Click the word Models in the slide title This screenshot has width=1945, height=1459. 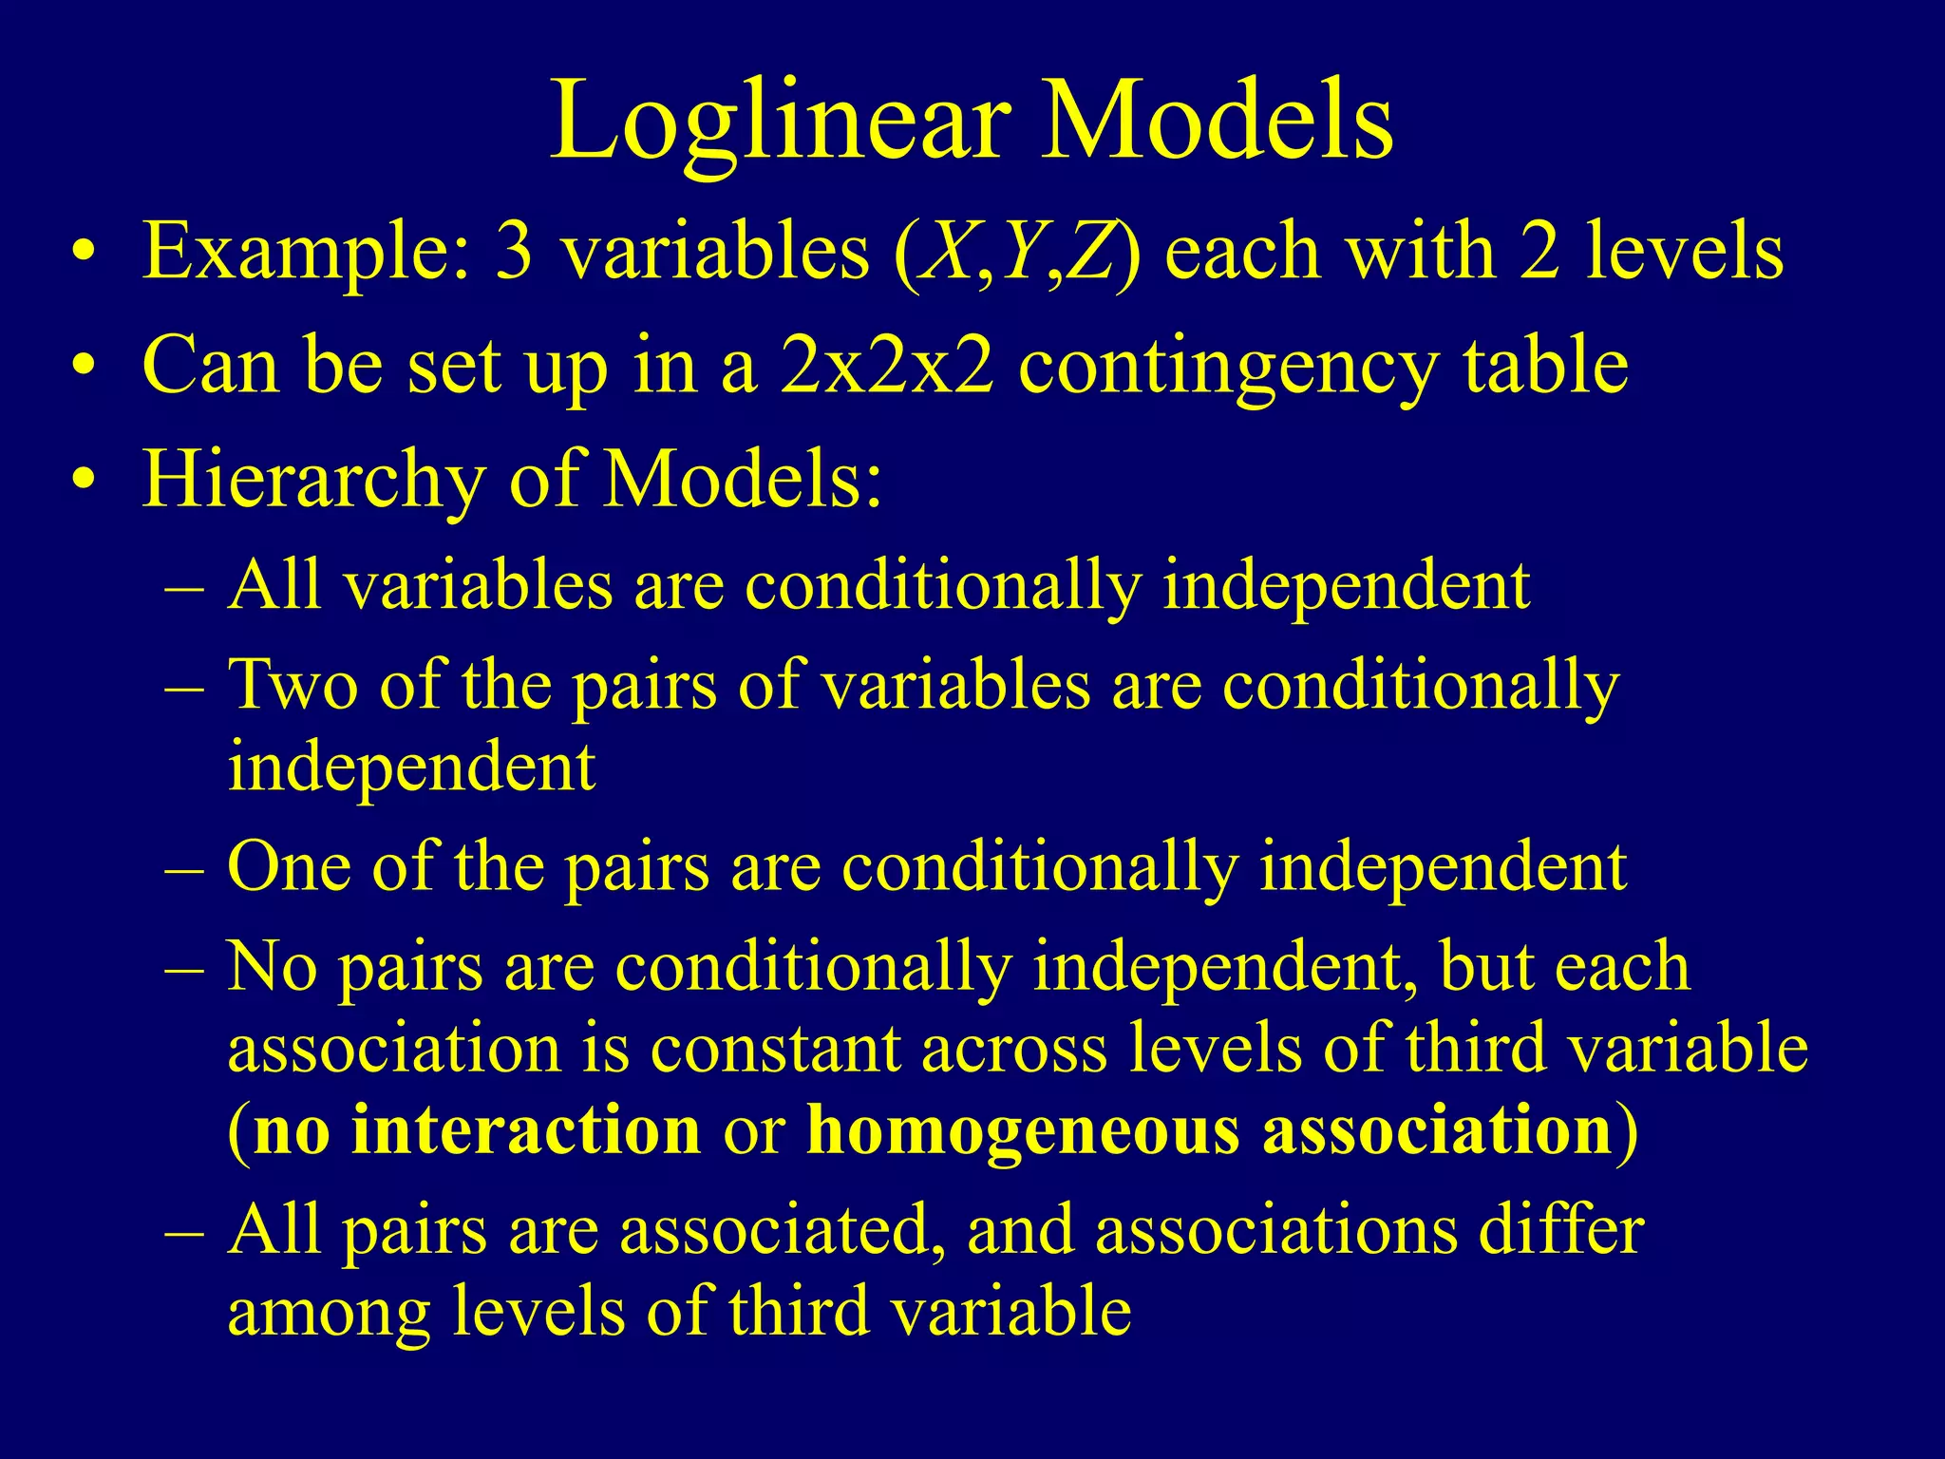pyautogui.click(x=1218, y=121)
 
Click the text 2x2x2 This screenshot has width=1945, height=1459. pyautogui.click(x=887, y=366)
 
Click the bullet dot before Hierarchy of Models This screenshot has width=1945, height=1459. pyautogui.click(x=85, y=480)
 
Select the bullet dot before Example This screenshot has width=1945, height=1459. pyautogui.click(x=85, y=254)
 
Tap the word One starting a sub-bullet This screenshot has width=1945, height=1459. pyautogui.click(x=289, y=866)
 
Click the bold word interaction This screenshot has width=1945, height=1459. pyautogui.click(x=525, y=1130)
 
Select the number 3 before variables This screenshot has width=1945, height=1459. pyautogui.click(x=514, y=252)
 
